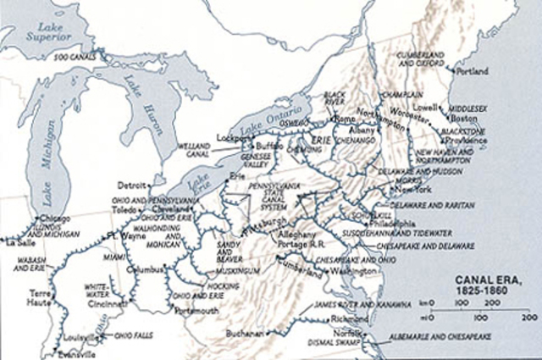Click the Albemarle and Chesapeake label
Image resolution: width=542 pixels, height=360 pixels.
(x=457, y=335)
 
